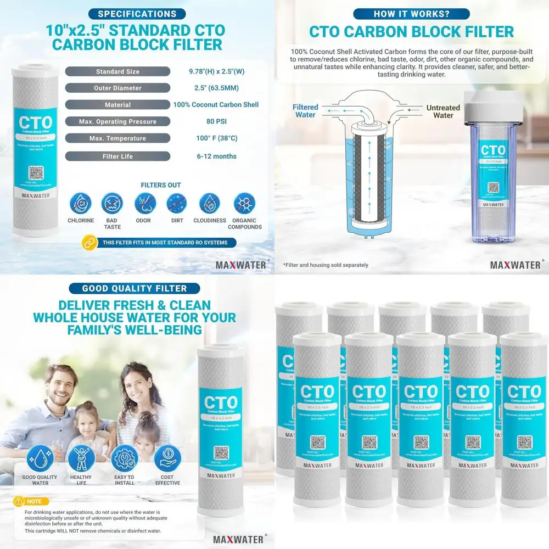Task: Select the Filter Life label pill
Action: pyautogui.click(x=117, y=156)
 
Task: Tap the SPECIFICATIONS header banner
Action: pyautogui.click(x=137, y=14)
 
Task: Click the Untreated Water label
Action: pyautogui.click(x=443, y=112)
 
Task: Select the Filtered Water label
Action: pyautogui.click(x=305, y=111)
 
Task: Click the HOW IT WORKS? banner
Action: pyautogui.click(x=411, y=14)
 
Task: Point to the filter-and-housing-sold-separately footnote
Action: pyautogui.click(x=326, y=265)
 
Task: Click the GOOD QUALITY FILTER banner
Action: pyautogui.click(x=134, y=288)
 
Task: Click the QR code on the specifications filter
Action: pyautogui.click(x=36, y=173)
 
